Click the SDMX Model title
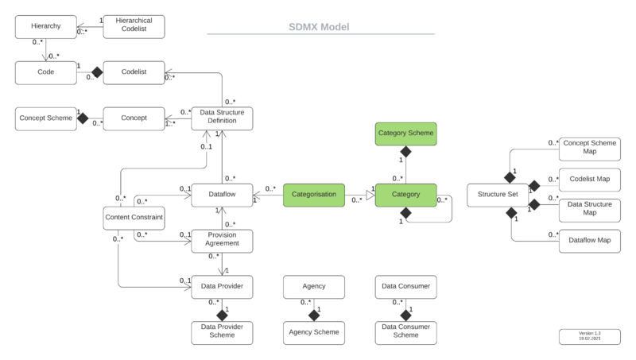click(x=319, y=26)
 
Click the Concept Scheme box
click(x=46, y=118)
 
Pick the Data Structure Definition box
click(x=223, y=118)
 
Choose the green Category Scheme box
click(x=405, y=134)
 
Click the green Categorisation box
click(x=314, y=195)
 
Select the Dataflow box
click(x=223, y=195)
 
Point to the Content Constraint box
click(x=134, y=217)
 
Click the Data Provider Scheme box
click(x=223, y=331)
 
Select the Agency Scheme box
click(x=314, y=331)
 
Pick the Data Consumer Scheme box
click(x=405, y=331)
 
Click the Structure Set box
click(x=498, y=195)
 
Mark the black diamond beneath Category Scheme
click(x=405, y=151)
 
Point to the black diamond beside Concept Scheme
click(x=81, y=118)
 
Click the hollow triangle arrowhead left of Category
click(x=369, y=195)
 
